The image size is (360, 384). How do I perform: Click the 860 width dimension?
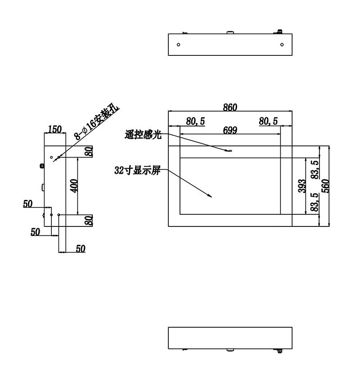(230, 107)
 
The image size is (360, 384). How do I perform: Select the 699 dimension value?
(230, 130)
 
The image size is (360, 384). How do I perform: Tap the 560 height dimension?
(325, 186)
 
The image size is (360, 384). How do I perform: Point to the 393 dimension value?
(302, 186)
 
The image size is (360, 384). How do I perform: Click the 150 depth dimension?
(55, 129)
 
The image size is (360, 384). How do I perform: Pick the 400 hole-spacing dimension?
(74, 186)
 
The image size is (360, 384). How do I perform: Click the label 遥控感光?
(143, 135)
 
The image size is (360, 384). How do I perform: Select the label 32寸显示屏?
(137, 171)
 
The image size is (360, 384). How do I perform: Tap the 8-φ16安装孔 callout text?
(97, 122)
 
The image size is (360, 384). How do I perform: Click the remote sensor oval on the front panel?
(229, 151)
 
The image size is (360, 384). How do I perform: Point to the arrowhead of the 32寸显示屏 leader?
(210, 195)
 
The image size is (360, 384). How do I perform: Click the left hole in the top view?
(178, 45)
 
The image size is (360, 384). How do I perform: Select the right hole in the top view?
(282, 45)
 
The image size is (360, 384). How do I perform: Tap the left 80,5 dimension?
(195, 121)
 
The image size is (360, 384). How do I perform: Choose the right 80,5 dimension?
(268, 121)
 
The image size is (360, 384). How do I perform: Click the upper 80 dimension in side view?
(90, 151)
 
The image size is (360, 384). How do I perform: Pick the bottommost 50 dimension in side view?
(81, 248)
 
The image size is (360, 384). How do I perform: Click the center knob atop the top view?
(230, 32)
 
